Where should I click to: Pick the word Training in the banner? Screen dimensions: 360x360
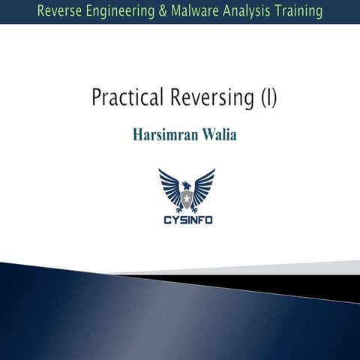(x=298, y=11)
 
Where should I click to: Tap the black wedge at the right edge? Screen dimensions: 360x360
(x=330, y=283)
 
